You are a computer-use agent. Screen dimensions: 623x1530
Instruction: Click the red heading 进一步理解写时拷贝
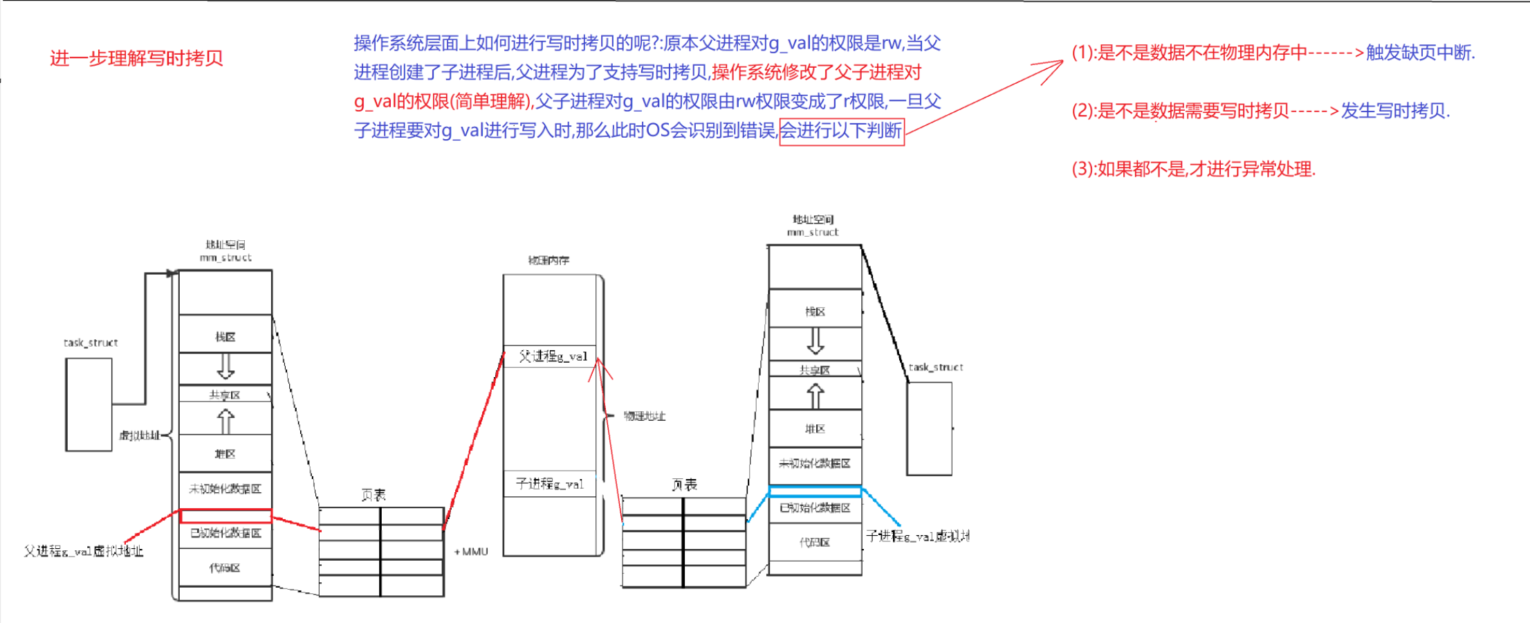[136, 58]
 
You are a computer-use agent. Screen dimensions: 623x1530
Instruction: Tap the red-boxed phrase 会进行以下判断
[841, 131]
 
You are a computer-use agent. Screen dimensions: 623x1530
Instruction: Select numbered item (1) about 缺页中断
[1273, 53]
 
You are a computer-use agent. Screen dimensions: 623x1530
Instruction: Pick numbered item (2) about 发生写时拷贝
[1260, 111]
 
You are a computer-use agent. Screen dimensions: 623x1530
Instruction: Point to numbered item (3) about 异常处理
[1193, 169]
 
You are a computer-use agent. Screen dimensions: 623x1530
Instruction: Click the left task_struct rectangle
[89, 404]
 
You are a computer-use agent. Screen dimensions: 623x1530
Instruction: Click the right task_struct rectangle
[929, 428]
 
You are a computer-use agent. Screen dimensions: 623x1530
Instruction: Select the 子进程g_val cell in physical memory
[549, 484]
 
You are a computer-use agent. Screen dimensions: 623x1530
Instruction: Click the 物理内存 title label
[549, 260]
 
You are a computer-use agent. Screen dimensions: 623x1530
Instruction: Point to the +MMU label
[471, 552]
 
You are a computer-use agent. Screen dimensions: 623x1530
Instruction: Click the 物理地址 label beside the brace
[644, 416]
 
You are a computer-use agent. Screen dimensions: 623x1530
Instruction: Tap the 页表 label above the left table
[374, 495]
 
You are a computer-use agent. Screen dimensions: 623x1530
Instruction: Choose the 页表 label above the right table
[684, 485]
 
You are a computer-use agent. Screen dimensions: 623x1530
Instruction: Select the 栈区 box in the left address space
[225, 336]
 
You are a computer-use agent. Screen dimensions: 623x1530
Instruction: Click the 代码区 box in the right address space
[814, 542]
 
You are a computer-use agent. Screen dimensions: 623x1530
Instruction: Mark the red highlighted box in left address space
[225, 516]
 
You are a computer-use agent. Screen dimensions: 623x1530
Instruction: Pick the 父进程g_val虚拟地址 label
[83, 551]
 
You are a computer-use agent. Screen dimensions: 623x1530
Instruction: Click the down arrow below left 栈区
[225, 366]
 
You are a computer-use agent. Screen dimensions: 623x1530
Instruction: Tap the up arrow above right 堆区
[815, 395]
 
